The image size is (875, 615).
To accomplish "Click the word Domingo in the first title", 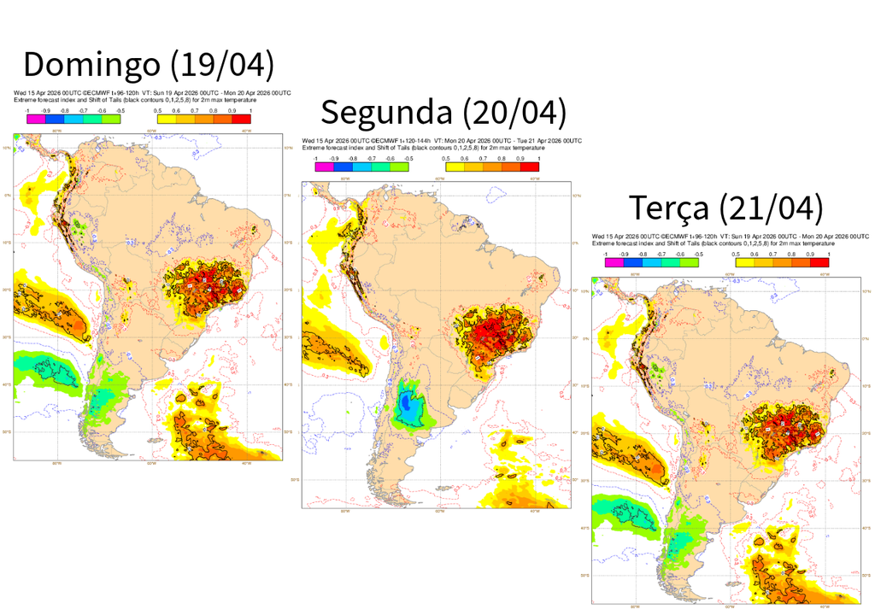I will click(x=91, y=66).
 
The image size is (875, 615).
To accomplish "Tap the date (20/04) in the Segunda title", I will click(x=514, y=113).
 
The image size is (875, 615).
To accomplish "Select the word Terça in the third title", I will click(x=668, y=208).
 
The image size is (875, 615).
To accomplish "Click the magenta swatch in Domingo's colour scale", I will click(x=36, y=119).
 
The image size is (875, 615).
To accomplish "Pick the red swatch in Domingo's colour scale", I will click(x=241, y=119).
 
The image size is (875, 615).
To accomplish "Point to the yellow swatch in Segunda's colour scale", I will click(x=455, y=167).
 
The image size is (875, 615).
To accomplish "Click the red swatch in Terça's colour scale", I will click(x=819, y=262).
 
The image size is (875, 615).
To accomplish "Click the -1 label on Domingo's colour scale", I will click(x=27, y=110).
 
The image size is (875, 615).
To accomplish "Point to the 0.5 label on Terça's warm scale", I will click(x=736, y=254).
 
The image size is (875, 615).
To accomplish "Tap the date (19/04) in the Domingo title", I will click(x=221, y=66).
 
